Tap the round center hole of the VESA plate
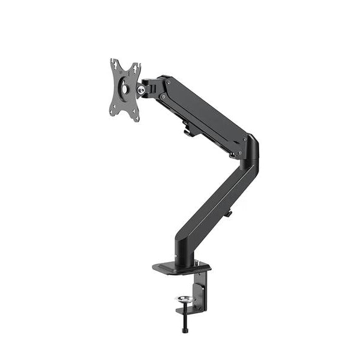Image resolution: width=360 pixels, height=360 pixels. click(x=125, y=88)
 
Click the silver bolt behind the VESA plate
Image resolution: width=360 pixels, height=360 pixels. click(x=141, y=89)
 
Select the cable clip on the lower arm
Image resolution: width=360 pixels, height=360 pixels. click(x=227, y=213)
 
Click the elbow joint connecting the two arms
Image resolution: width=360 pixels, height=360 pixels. click(x=250, y=150)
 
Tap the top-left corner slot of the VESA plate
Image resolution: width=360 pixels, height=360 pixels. click(x=113, y=62)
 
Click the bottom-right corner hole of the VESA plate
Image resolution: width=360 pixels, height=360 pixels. click(x=137, y=118)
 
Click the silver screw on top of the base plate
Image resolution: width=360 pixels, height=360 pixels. click(x=196, y=262)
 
